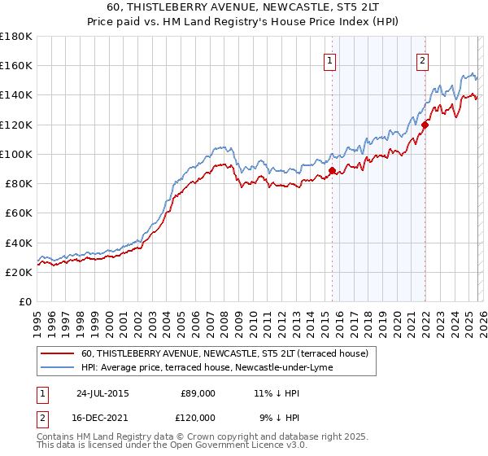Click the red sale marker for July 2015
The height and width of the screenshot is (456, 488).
(332, 171)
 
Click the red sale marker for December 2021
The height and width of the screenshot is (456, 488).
(425, 125)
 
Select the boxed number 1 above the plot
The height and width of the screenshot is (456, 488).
(330, 59)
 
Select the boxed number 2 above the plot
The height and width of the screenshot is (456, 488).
(423, 59)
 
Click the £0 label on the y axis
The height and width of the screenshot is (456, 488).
(24, 302)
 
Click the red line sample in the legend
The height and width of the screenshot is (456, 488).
(58, 353)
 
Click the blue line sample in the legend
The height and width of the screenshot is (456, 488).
(58, 367)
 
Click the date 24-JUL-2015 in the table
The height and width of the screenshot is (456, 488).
(102, 392)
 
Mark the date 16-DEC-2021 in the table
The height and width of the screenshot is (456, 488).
(102, 417)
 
